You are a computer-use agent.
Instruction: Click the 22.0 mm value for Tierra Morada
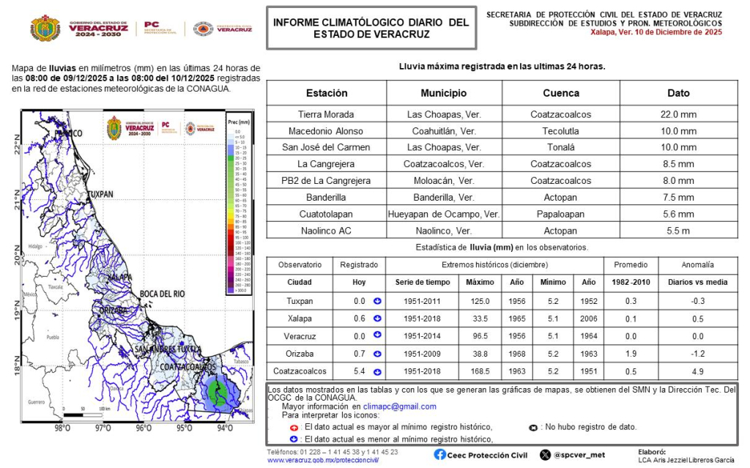(678, 114)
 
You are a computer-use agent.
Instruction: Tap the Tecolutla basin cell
(560, 131)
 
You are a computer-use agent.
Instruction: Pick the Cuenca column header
(560, 93)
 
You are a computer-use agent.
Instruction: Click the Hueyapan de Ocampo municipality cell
(444, 215)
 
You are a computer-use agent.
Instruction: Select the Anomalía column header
(697, 264)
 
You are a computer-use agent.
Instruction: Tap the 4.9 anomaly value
(697, 371)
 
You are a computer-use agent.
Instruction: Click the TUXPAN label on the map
(100, 195)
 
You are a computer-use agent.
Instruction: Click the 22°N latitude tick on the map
(17, 147)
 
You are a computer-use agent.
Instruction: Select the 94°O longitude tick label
(225, 428)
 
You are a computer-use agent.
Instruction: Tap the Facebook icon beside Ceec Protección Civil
(439, 454)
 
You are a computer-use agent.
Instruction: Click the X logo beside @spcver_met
(545, 454)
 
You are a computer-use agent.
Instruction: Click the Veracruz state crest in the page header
(45, 28)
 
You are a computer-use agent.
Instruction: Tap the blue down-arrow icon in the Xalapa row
(377, 318)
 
